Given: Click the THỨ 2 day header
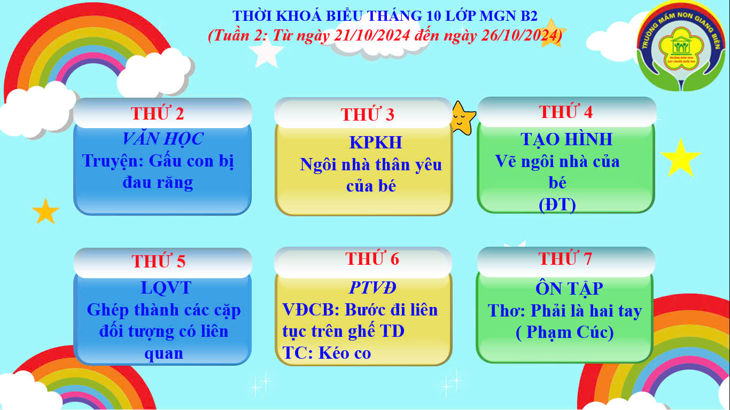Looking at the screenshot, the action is click(158, 113).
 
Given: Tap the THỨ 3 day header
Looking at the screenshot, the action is click(368, 114).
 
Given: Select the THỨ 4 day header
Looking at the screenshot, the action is click(566, 112).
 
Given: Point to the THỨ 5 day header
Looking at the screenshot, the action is click(158, 261).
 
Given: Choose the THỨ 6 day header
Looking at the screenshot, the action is click(372, 258).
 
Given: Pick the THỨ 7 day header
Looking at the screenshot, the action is click(565, 258).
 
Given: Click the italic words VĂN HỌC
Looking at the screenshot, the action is click(162, 138).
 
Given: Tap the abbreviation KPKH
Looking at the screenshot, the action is click(376, 143).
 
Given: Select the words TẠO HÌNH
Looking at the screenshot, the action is click(566, 139).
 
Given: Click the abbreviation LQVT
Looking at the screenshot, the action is click(166, 288).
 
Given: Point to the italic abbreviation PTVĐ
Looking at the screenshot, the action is click(372, 287).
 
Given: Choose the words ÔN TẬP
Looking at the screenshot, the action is click(569, 288).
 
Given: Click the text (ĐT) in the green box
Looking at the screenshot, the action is click(557, 204).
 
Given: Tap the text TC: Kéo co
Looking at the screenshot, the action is click(327, 353).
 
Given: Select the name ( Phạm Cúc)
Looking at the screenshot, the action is click(565, 332).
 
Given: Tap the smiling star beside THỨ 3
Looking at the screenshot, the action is click(463, 118).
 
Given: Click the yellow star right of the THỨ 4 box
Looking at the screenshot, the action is click(680, 158).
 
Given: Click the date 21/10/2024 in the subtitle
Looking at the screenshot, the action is click(372, 35).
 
